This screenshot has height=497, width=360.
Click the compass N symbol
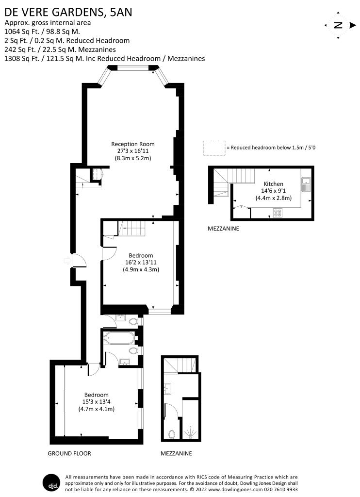338,25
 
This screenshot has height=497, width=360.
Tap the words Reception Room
133,144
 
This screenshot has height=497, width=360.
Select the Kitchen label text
273,184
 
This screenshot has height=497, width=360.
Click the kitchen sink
306,183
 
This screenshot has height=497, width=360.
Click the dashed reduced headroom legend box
214,148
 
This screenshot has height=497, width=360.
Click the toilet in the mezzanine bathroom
172,433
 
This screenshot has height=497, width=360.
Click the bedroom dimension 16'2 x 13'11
141,263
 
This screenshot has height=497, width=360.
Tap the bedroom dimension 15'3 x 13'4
96,402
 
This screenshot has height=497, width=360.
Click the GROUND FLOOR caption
69,453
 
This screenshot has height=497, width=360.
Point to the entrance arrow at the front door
65,261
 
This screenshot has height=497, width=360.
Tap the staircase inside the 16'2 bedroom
132,229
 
